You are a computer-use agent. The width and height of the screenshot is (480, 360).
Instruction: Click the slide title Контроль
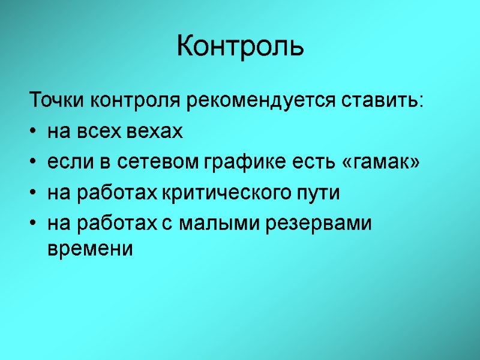[240, 46]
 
